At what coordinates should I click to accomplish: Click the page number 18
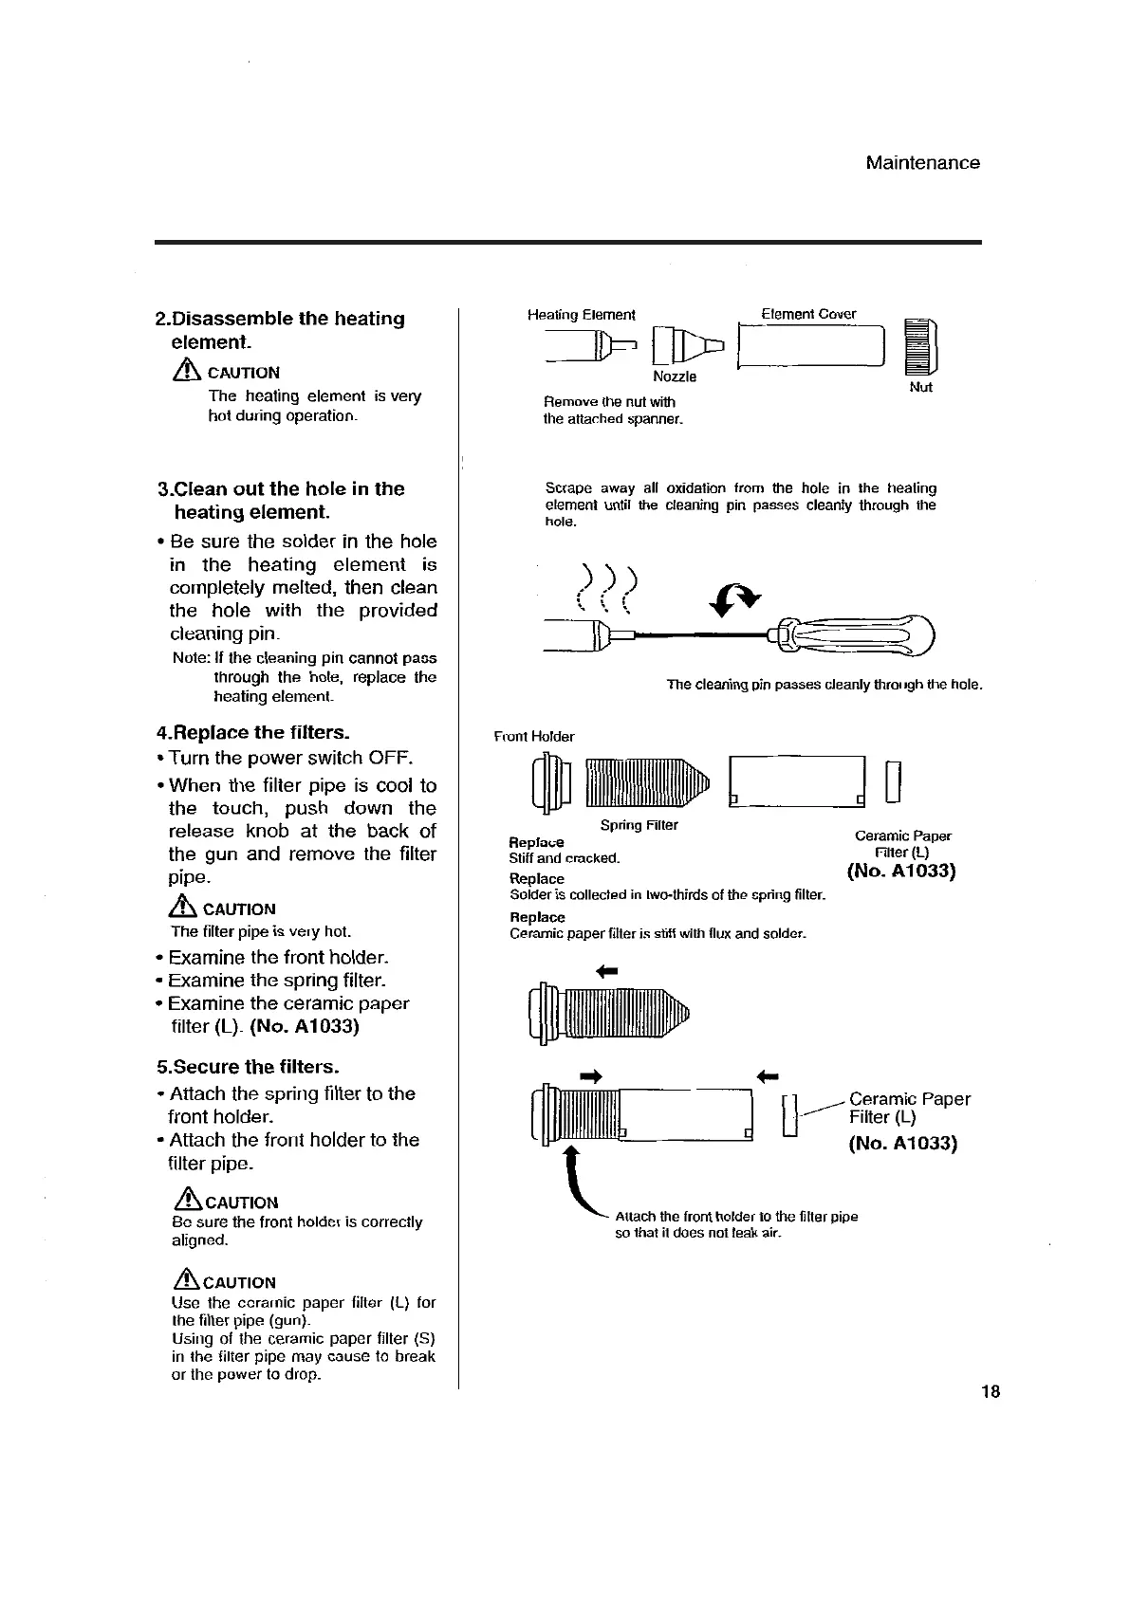(x=991, y=1392)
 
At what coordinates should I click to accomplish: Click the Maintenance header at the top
(x=922, y=163)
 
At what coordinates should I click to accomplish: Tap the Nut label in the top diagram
(x=920, y=387)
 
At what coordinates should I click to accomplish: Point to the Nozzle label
(x=675, y=376)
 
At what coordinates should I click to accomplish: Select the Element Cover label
(x=808, y=314)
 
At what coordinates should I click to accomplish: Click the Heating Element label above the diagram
(x=581, y=315)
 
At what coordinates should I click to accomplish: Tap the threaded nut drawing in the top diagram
(x=922, y=349)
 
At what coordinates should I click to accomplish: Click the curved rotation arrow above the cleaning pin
(x=736, y=597)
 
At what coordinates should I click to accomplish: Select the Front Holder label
(x=534, y=737)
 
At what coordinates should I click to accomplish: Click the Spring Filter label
(x=639, y=825)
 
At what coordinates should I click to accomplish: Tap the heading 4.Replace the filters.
(x=252, y=732)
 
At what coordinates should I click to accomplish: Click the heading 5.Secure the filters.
(x=248, y=1066)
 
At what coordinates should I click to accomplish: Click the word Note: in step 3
(x=192, y=658)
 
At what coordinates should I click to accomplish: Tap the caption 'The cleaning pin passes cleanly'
(x=824, y=685)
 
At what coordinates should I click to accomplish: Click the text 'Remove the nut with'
(x=609, y=402)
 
